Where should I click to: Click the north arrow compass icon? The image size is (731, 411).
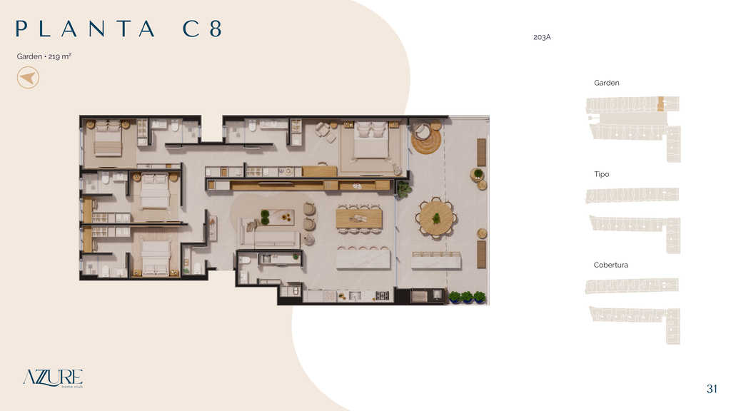point(28,77)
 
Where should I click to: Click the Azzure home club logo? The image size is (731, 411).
point(53,378)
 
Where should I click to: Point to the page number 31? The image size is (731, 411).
point(712,389)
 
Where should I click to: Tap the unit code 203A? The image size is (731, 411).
point(542,37)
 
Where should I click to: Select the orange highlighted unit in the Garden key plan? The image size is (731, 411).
point(660,103)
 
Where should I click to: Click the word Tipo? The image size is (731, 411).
point(601,174)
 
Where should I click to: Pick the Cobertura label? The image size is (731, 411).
point(611,265)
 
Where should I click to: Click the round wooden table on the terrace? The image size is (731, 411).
point(436,218)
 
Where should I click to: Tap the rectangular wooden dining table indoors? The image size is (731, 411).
point(359,218)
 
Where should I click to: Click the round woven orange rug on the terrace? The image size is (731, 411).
point(426,140)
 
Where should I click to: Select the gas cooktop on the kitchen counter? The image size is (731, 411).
point(383,295)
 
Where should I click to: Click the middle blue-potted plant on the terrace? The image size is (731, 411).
point(467,297)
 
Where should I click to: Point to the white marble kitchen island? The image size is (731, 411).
point(363,259)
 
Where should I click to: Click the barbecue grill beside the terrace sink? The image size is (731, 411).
point(418,295)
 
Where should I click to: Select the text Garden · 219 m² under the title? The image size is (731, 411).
point(44,56)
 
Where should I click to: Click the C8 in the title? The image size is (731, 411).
point(202,29)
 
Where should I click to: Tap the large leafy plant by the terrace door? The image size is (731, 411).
point(404,189)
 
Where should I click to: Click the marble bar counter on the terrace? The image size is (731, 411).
point(436,261)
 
